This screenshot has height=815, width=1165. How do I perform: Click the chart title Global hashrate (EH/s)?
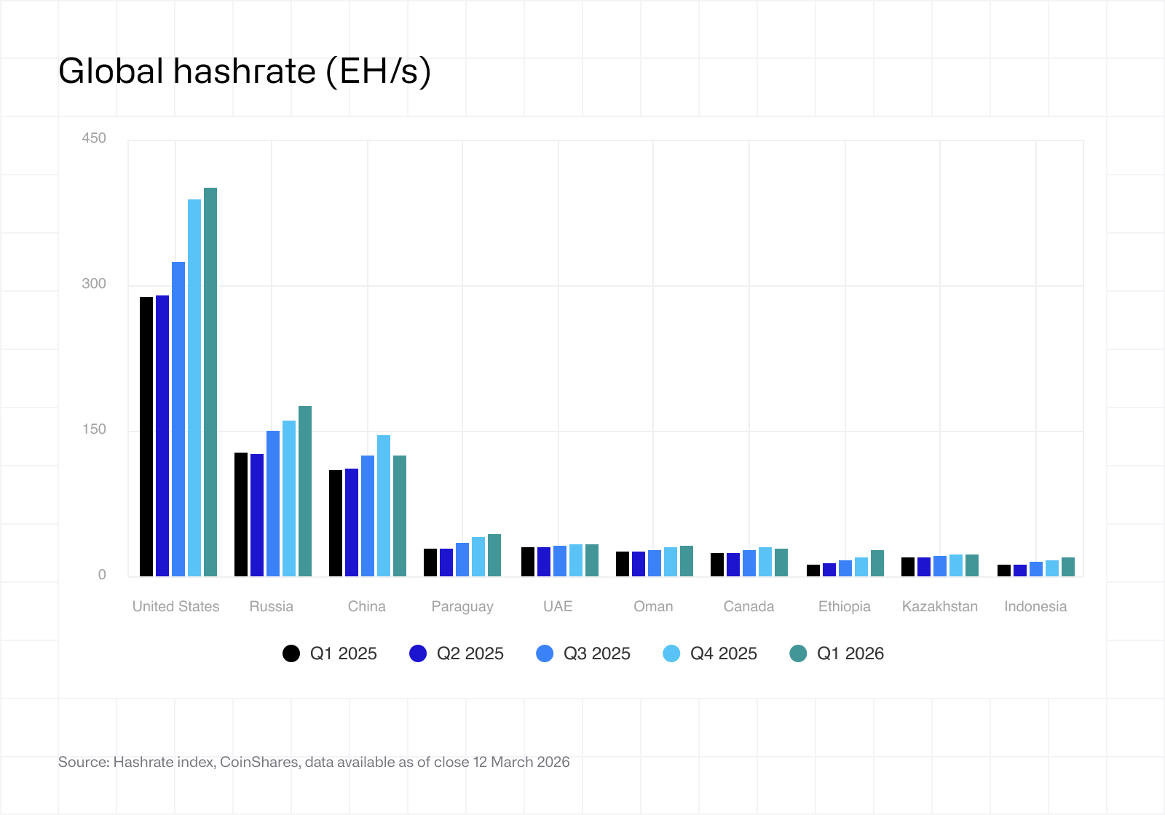pyautogui.click(x=245, y=72)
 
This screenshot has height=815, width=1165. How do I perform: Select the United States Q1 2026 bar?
pyautogui.click(x=210, y=382)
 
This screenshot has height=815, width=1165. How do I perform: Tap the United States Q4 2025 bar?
pyautogui.click(x=194, y=388)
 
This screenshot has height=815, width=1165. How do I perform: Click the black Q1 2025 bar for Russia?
pyautogui.click(x=241, y=514)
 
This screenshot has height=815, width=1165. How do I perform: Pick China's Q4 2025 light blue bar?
pyautogui.click(x=384, y=506)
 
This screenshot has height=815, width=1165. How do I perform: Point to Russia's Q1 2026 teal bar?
pyautogui.click(x=305, y=491)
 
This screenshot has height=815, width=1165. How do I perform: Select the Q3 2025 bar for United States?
pyautogui.click(x=178, y=419)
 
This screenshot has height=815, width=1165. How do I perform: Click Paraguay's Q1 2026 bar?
pyautogui.click(x=494, y=555)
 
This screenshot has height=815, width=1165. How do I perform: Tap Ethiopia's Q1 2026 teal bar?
pyautogui.click(x=877, y=563)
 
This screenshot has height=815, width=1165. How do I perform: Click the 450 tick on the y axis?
pyautogui.click(x=94, y=138)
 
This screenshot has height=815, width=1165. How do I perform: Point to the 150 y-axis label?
pyautogui.click(x=94, y=429)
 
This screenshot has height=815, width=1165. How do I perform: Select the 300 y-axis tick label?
pyautogui.click(x=94, y=284)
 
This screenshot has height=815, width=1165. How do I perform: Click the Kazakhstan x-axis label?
pyautogui.click(x=939, y=606)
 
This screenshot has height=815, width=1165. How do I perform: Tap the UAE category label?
pyautogui.click(x=558, y=606)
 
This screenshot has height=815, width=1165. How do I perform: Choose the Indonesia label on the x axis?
pyautogui.click(x=1035, y=606)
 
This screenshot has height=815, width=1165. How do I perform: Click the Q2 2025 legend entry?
pyautogui.click(x=457, y=653)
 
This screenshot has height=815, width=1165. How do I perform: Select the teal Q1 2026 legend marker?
pyautogui.click(x=798, y=653)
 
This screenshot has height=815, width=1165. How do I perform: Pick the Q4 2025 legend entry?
pyautogui.click(x=711, y=653)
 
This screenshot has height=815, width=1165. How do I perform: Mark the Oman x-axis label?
pyautogui.click(x=653, y=606)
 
